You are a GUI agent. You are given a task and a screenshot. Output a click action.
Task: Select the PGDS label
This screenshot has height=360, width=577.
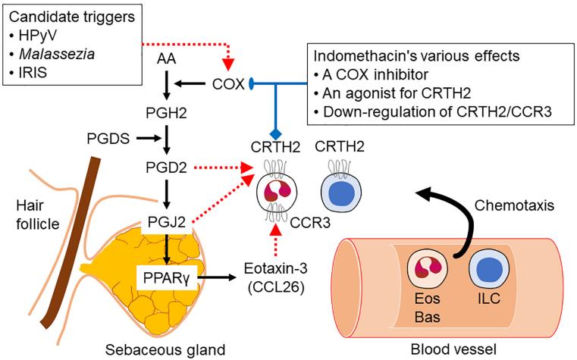106,138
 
